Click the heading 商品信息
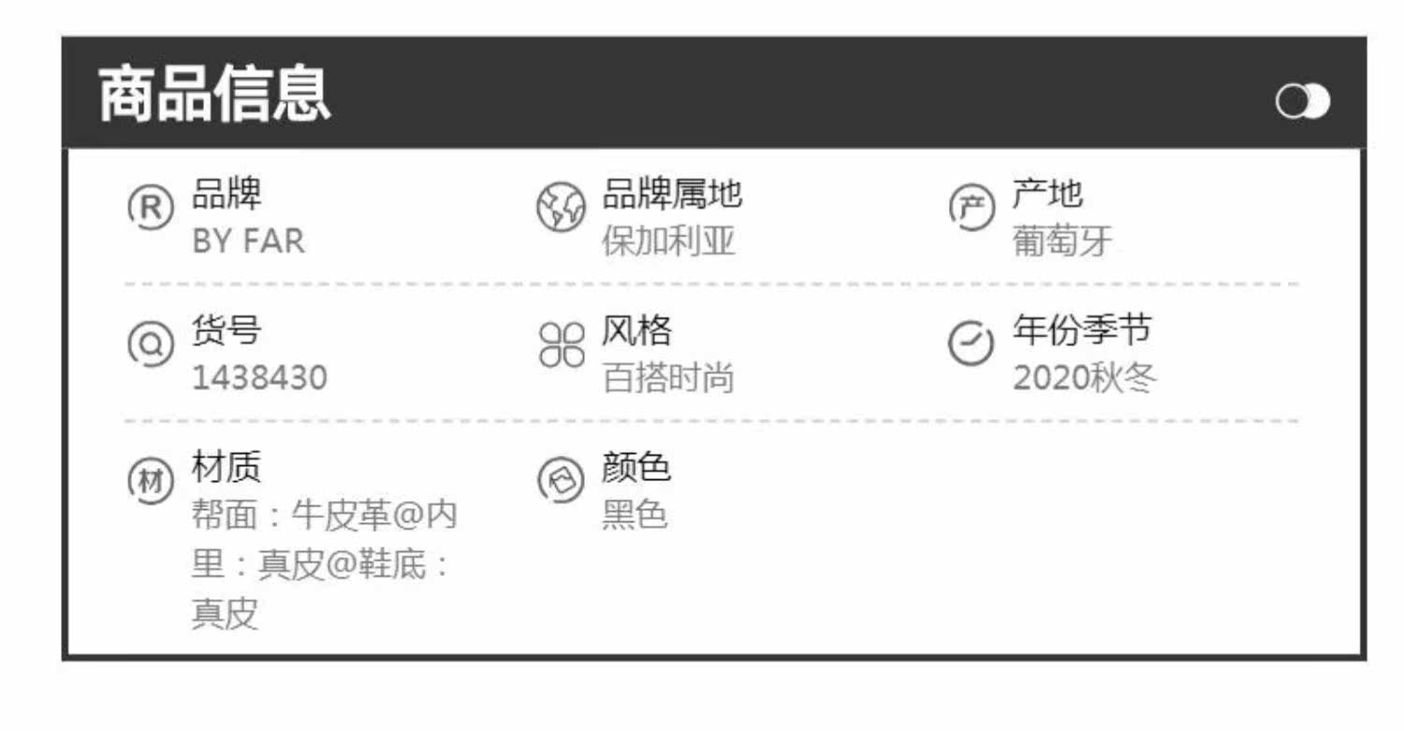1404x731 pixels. (214, 95)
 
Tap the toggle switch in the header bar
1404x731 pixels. (1302, 102)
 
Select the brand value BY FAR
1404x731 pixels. (248, 241)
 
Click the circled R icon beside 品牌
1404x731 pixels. (150, 208)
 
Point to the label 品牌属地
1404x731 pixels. (671, 195)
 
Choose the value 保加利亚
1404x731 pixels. (668, 241)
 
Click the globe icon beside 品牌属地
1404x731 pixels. (560, 208)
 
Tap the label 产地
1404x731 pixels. (1046, 195)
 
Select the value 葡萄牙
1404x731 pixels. (1061, 241)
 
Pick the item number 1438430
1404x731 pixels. (259, 378)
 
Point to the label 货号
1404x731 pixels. (227, 330)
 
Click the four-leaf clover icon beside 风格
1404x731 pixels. (561, 344)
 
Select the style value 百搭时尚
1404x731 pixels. (668, 378)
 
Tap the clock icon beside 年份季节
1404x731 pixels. (971, 344)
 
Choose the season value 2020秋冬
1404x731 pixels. (1085, 378)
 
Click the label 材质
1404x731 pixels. (227, 466)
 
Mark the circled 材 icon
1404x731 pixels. (150, 481)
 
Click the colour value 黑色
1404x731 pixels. (634, 515)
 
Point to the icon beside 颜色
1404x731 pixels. (560, 480)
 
